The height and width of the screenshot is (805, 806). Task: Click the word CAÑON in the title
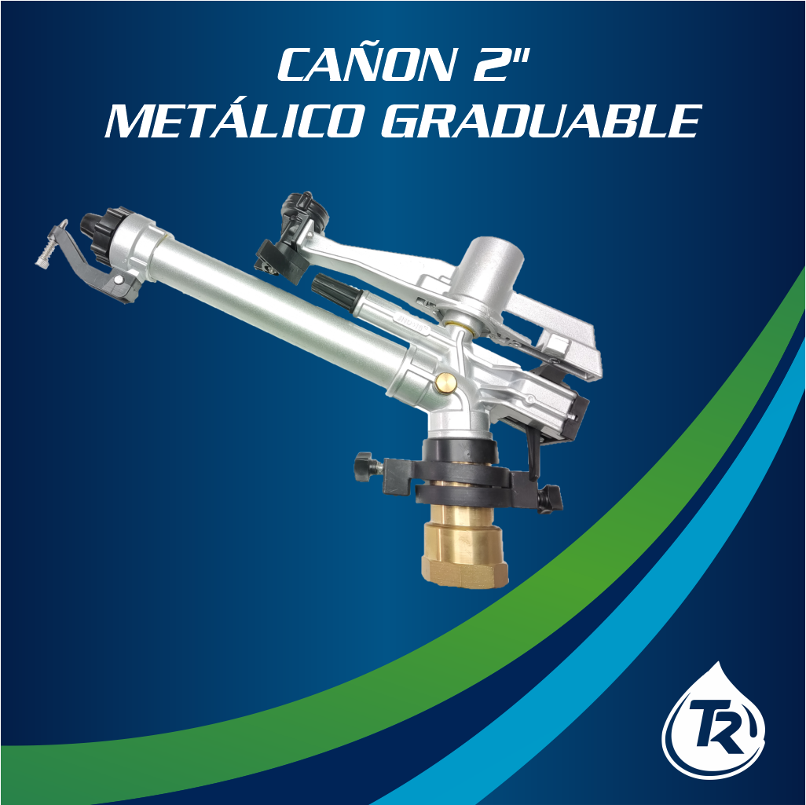click(367, 64)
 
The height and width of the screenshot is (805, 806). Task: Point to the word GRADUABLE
click(541, 121)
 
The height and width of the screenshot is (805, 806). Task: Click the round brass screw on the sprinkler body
click(445, 382)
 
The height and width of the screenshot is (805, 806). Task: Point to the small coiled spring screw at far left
click(50, 247)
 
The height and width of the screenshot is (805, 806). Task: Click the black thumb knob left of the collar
click(365, 467)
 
